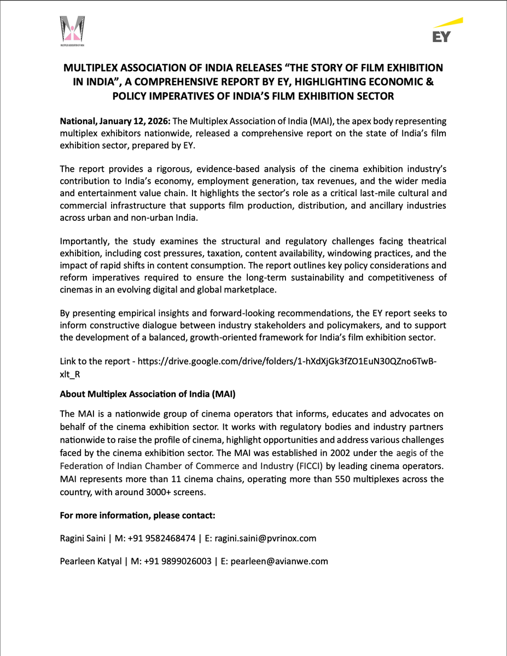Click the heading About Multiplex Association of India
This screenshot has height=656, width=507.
[148, 394]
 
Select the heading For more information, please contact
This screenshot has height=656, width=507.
[137, 516]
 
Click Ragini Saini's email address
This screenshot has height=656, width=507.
[265, 538]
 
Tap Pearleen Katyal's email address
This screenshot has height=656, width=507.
[279, 561]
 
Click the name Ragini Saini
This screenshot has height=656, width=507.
[83, 538]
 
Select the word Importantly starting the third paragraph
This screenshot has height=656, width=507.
[84, 241]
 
